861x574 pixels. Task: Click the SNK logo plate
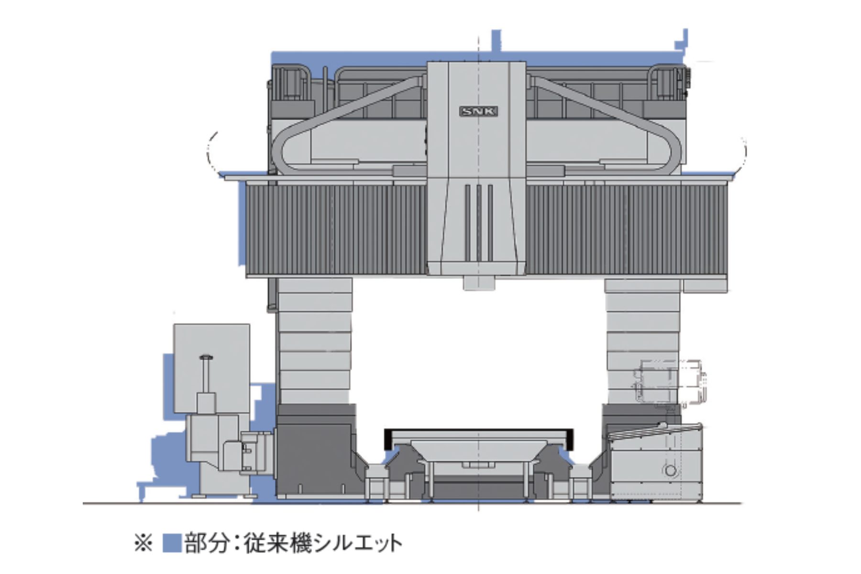[x=478, y=112]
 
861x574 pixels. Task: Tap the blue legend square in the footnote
[x=172, y=543]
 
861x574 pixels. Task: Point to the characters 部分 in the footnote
[x=206, y=544]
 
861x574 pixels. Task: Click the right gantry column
[x=642, y=341]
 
